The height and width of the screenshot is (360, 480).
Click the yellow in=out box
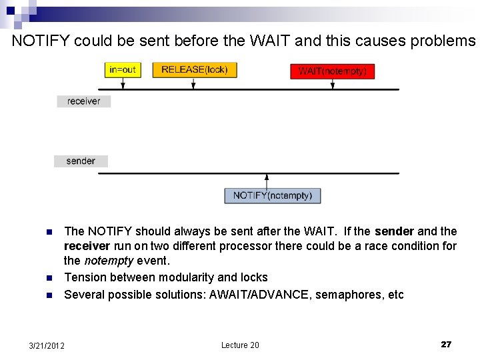122,70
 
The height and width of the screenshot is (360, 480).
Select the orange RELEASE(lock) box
195,70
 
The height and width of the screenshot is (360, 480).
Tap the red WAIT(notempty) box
332,71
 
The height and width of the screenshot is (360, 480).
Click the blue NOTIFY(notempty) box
273,195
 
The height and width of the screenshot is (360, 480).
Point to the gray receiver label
83,101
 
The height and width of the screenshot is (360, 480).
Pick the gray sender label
81,161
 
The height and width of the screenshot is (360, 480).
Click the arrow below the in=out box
122,83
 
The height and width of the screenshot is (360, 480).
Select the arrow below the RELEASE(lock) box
193,83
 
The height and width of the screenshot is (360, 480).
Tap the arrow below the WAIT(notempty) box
333,84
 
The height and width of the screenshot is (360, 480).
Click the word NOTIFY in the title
41,41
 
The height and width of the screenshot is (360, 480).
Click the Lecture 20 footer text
240,345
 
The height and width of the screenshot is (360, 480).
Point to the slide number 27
446,345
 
